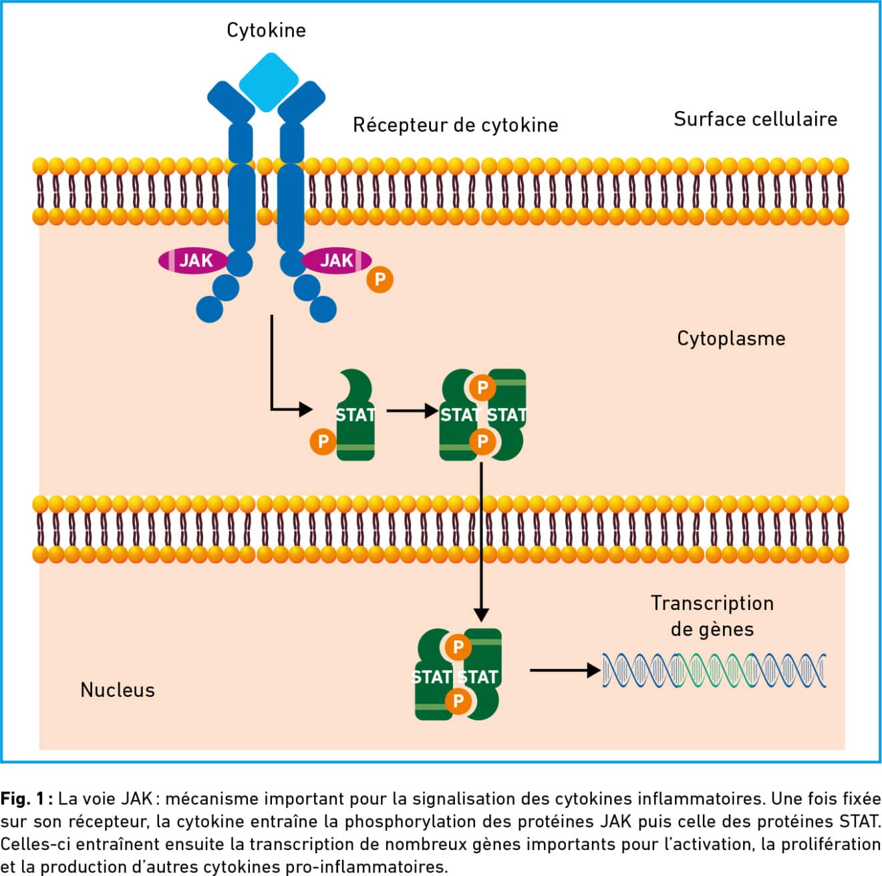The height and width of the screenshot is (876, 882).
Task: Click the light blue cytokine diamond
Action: pyautogui.click(x=269, y=82)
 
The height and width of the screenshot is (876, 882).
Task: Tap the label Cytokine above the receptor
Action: pyautogui.click(x=266, y=30)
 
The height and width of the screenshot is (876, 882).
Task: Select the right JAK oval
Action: pyautogui.click(x=336, y=260)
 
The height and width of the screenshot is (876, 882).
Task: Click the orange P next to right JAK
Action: pyautogui.click(x=380, y=279)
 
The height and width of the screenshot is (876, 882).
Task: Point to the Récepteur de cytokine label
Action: pyautogui.click(x=455, y=125)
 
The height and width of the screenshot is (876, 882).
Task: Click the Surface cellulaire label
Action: pyautogui.click(x=755, y=119)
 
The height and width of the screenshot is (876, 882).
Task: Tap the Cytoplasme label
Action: pyautogui.click(x=731, y=338)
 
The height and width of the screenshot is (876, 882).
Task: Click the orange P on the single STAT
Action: pyautogui.click(x=323, y=441)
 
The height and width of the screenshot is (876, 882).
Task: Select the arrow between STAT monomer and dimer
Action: pyautogui.click(x=412, y=410)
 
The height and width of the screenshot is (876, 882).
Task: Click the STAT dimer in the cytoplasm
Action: pyautogui.click(x=482, y=415)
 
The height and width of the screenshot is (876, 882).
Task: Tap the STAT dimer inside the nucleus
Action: pyautogui.click(x=458, y=675)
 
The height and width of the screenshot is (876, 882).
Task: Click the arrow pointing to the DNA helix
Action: pyautogui.click(x=565, y=670)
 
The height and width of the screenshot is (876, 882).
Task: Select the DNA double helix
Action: pyautogui.click(x=714, y=670)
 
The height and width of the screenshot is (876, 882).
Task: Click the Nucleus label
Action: pyautogui.click(x=118, y=690)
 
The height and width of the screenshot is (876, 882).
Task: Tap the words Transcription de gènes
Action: pyautogui.click(x=712, y=616)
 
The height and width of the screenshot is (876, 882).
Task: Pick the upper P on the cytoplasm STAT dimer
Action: pyautogui.click(x=482, y=387)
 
